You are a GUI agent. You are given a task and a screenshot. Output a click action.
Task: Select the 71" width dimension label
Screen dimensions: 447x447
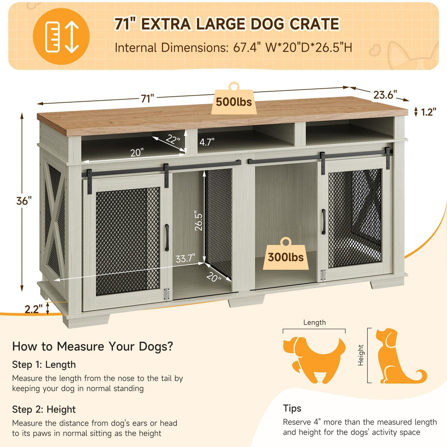tap(147, 98)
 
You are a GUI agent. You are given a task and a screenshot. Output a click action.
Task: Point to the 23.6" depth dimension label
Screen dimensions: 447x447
tap(385, 95)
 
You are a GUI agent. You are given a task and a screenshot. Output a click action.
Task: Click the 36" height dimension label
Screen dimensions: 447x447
tap(24, 201)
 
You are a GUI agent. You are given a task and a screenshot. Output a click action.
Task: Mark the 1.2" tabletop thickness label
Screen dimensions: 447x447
tap(428, 112)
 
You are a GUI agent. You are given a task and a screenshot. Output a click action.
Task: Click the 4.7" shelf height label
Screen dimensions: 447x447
tap(207, 142)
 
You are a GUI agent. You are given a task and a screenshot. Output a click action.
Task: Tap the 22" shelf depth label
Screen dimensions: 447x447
tap(173, 139)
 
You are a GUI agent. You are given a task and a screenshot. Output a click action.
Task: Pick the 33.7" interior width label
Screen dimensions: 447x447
tap(185, 258)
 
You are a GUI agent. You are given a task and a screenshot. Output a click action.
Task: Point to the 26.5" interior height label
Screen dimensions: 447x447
tap(199, 221)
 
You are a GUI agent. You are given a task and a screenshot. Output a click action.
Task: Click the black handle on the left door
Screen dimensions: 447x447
tap(167, 237)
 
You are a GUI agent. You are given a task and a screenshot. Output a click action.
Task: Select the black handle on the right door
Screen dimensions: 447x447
tap(323, 222)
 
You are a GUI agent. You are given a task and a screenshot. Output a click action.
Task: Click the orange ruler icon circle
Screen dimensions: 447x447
tap(61, 36)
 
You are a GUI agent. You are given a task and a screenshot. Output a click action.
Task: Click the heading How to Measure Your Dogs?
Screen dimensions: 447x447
tap(92, 346)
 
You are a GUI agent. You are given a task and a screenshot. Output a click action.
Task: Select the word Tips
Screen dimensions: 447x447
tap(292, 408)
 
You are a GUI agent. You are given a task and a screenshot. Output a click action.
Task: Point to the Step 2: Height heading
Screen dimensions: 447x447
tap(44, 409)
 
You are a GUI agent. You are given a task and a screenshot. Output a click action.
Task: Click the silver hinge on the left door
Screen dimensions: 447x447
tap(166, 294)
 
